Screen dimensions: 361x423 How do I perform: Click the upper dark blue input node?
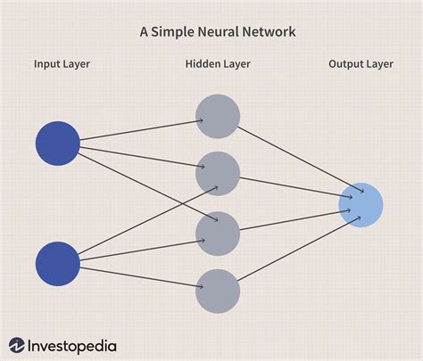(x=58, y=144)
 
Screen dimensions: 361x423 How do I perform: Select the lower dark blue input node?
(x=58, y=263)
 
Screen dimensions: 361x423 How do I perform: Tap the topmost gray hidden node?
(x=218, y=116)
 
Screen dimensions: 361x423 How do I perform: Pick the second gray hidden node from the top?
(x=218, y=173)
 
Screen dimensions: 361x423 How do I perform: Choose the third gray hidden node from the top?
(x=218, y=233)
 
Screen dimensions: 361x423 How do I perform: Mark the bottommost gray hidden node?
(x=218, y=291)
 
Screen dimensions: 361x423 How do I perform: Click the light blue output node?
(x=361, y=204)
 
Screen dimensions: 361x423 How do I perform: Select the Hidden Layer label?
(x=218, y=63)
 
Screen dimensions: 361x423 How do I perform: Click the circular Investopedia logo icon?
(x=17, y=345)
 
